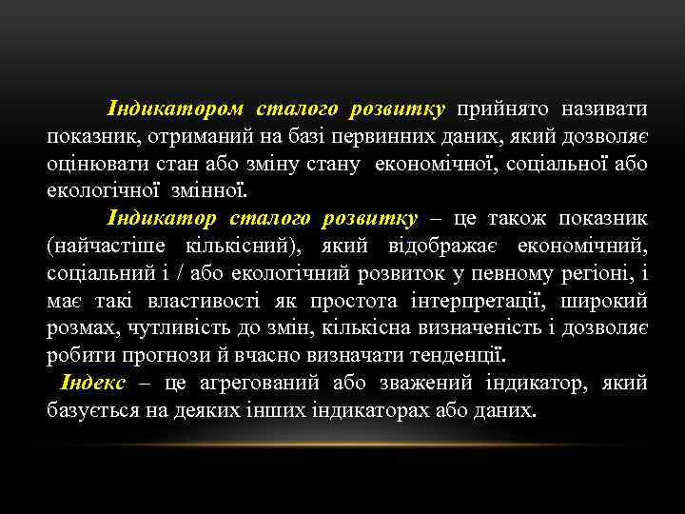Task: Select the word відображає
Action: [x=443, y=246]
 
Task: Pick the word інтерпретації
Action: [x=477, y=301]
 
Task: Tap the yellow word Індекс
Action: [x=93, y=384]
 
